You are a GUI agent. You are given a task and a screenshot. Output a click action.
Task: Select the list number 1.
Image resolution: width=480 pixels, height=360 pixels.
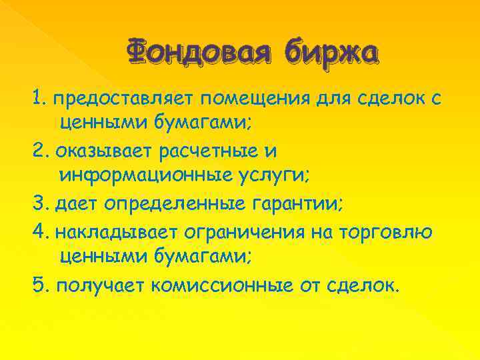pyautogui.click(x=37, y=99)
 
